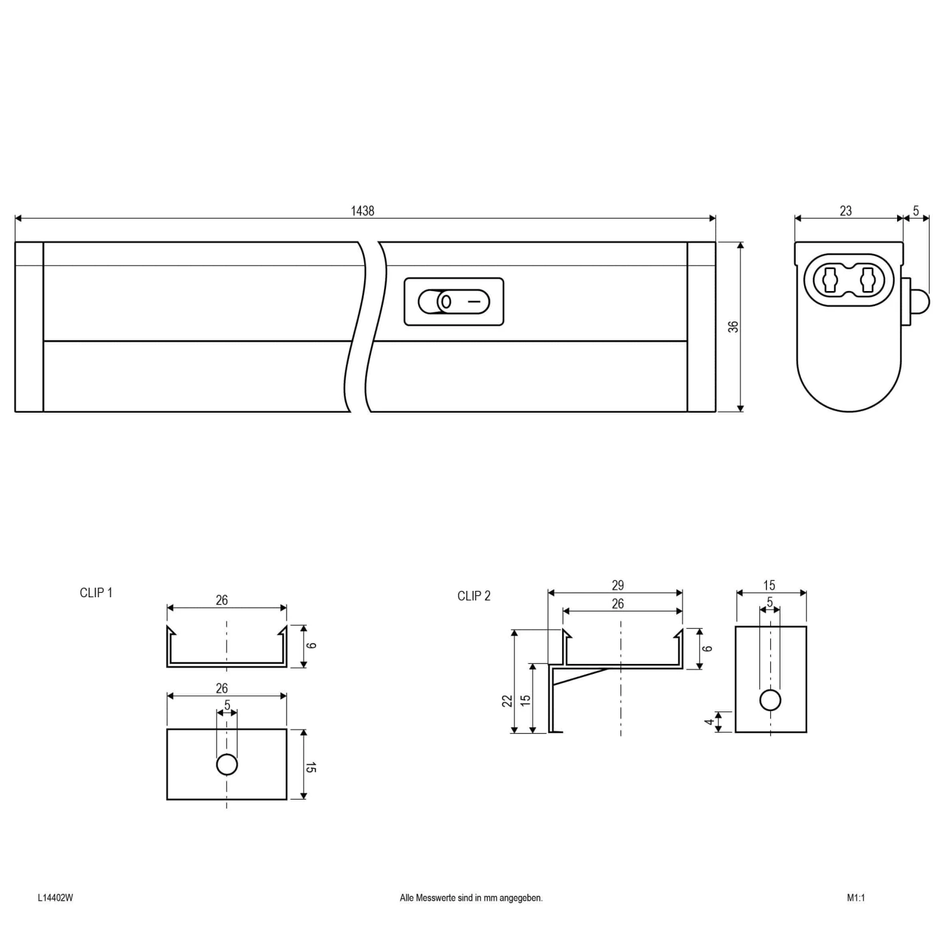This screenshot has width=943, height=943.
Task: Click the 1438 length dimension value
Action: (x=363, y=211)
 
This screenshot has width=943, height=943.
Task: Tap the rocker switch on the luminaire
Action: (x=454, y=302)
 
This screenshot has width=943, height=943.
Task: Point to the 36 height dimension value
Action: (x=733, y=327)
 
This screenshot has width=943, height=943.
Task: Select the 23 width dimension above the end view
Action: (x=846, y=211)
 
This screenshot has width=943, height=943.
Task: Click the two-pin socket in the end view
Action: (x=849, y=280)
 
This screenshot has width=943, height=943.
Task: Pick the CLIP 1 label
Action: (x=96, y=593)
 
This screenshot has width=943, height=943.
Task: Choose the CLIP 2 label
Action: (x=474, y=596)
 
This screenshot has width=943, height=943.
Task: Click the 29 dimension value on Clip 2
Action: (x=617, y=585)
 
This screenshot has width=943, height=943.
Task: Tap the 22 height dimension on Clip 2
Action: (x=507, y=700)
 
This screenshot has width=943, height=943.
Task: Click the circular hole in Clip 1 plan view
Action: (x=227, y=764)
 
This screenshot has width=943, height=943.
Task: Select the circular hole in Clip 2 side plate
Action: (x=770, y=700)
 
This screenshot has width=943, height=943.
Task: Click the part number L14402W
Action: (x=55, y=898)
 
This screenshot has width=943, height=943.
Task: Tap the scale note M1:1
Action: (x=856, y=898)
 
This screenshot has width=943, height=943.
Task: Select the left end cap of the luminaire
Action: (x=29, y=327)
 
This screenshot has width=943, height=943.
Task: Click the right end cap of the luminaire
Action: (x=702, y=327)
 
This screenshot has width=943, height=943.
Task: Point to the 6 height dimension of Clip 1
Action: (x=311, y=646)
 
